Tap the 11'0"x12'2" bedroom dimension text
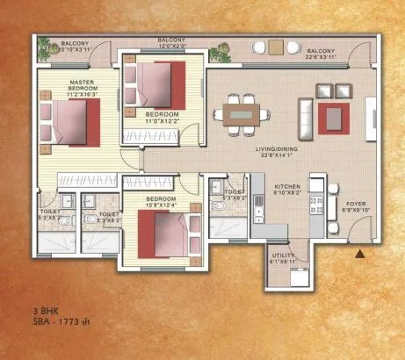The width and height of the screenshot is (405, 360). pos(163,121)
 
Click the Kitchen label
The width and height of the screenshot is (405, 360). pos(289,187)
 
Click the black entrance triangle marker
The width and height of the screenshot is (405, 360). pos(358,255)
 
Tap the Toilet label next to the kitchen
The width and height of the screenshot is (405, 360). pos(234,192)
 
